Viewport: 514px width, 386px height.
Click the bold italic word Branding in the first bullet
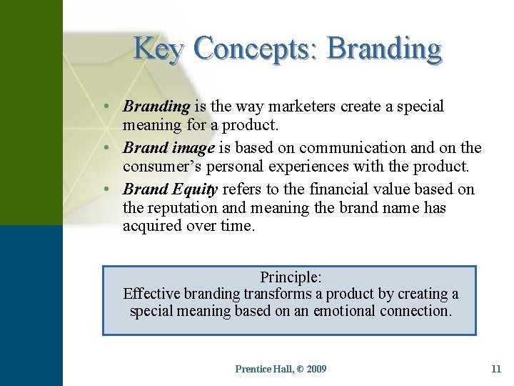156,107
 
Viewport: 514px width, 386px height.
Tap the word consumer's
158,167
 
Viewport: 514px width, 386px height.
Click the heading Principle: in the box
291,277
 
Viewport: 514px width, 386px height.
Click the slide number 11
496,369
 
